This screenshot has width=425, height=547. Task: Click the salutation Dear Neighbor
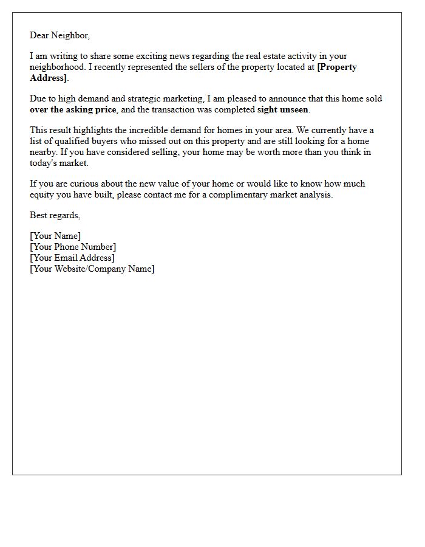(x=59, y=35)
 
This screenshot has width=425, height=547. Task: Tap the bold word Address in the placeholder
(x=48, y=78)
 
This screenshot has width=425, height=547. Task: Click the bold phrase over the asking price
(x=72, y=109)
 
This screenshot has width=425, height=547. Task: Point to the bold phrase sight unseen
(x=283, y=109)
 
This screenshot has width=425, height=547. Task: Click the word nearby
(x=43, y=152)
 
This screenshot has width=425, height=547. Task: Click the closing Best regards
(x=55, y=215)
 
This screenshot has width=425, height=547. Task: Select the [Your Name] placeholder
(x=55, y=236)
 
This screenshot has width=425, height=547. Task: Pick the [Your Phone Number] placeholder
(x=73, y=247)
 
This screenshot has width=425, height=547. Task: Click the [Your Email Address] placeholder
(x=72, y=258)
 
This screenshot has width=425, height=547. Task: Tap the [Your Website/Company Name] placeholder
(x=92, y=269)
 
